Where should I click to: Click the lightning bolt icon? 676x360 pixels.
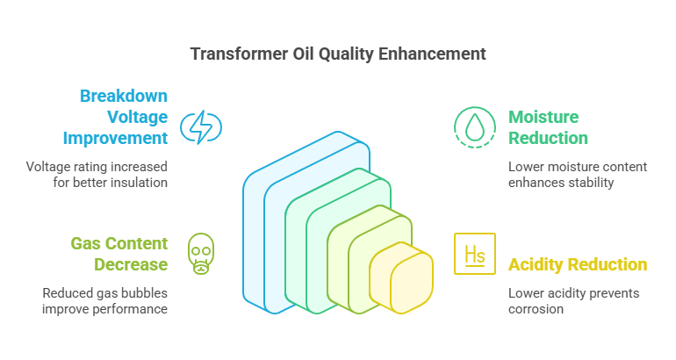[x=201, y=127]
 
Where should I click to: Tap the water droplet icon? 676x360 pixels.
[x=475, y=127]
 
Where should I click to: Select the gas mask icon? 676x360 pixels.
[x=201, y=254]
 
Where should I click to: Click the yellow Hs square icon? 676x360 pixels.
[x=475, y=254]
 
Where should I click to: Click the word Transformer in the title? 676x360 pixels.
[x=240, y=54]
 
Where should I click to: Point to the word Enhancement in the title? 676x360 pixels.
[x=432, y=54]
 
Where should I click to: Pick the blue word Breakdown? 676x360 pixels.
[x=124, y=96]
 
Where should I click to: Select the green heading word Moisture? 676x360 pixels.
[x=543, y=117]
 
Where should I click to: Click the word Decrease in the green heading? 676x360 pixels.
[x=131, y=264]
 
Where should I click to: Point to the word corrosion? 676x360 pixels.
[x=536, y=309]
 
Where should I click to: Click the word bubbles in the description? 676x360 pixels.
[x=145, y=293]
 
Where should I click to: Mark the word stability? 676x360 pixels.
[x=591, y=183]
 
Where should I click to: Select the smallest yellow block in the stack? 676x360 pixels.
[x=401, y=277]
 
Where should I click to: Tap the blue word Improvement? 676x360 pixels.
[x=115, y=139]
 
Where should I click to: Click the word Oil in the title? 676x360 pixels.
[x=304, y=54]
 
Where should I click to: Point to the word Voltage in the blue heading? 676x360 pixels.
[x=137, y=118]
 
